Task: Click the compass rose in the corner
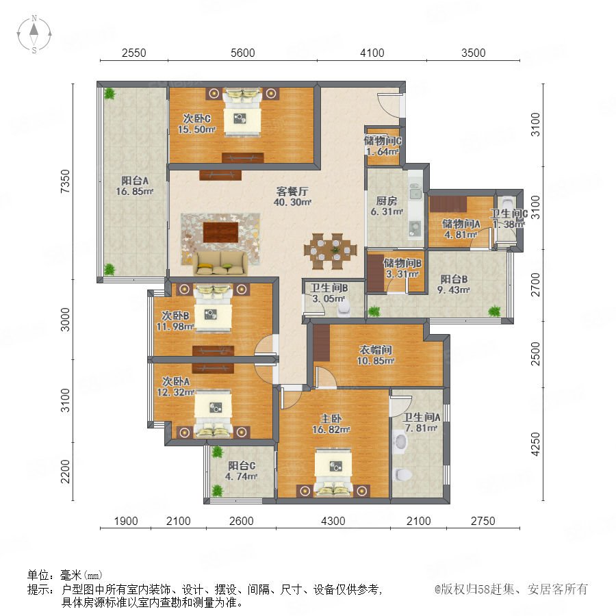tap(34, 34)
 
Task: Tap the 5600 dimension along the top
tap(242, 53)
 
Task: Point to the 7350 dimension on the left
tap(65, 181)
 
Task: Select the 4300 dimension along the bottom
tap(333, 521)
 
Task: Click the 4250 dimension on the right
tap(535, 444)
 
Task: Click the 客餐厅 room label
tap(292, 192)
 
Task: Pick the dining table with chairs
tap(331, 251)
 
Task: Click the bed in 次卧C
tap(242, 112)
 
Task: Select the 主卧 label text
tap(331, 419)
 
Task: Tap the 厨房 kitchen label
tap(387, 201)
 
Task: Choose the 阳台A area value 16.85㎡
tap(134, 192)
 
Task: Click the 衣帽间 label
tap(376, 350)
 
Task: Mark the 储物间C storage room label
tap(383, 140)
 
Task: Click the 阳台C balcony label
tap(242, 466)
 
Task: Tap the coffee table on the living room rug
tap(221, 233)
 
